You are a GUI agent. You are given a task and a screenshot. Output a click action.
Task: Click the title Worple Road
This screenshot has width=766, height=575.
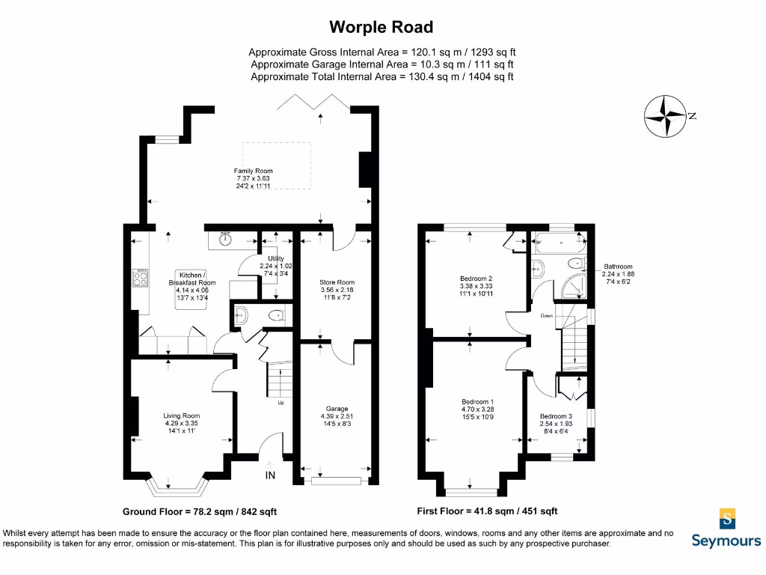coord(382,28)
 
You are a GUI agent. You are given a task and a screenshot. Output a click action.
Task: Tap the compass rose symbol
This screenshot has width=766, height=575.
coord(665,117)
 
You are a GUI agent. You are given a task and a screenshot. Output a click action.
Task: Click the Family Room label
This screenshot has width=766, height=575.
coord(254,171)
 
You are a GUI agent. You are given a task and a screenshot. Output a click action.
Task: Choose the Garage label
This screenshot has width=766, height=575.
coord(335,409)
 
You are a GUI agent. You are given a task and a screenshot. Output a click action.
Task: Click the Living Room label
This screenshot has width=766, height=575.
coord(182,416)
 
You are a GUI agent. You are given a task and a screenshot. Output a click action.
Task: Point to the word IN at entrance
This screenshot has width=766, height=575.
coord(270,475)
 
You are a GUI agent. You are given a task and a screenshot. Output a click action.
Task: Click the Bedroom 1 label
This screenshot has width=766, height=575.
coord(477,402)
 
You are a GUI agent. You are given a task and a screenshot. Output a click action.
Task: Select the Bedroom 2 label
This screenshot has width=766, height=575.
coord(476,279)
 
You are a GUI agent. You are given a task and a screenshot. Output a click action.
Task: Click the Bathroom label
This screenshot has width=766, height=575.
coord(619,267)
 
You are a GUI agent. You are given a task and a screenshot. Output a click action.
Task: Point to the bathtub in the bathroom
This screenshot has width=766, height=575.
coord(558,242)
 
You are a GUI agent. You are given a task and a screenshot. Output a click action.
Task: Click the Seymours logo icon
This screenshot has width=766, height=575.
coord(726,518)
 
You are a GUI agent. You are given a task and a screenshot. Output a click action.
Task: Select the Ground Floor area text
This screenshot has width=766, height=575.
coord(200,512)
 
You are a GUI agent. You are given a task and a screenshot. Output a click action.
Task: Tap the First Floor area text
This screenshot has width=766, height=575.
coord(487,511)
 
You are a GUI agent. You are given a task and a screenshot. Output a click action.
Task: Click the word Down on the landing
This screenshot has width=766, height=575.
coord(548,316)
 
